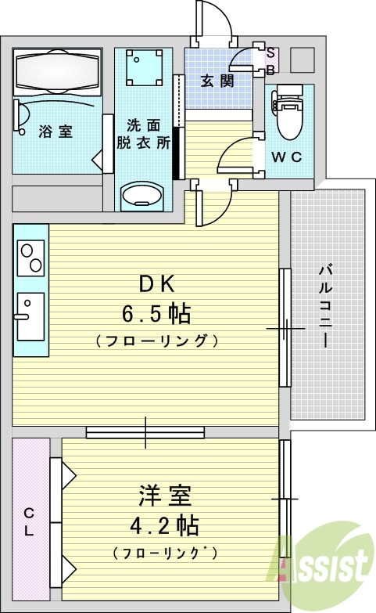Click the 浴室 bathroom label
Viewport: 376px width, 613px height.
point(56,132)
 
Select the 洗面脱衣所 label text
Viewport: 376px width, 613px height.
point(143,132)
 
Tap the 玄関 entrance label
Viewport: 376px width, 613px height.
point(217,80)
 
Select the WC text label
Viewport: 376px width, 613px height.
point(286,157)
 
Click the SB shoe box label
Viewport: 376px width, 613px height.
point(270,60)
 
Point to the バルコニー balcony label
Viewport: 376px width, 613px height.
point(324,306)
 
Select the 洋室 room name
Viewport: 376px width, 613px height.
point(165,496)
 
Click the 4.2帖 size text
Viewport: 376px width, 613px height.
point(164,524)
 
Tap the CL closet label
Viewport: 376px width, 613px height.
point(30,522)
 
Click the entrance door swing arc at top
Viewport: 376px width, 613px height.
point(215,20)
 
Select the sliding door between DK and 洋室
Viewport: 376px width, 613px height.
point(145,431)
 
